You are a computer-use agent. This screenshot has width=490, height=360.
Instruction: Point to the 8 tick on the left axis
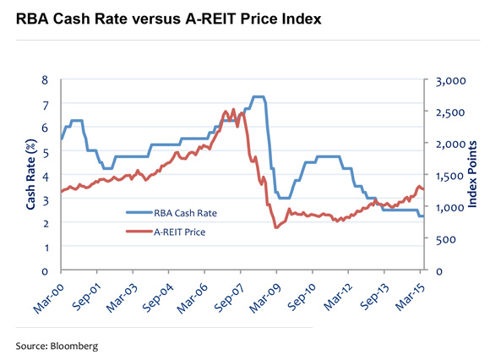click(x=46, y=80)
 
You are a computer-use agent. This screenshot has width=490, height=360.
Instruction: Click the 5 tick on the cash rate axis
click(x=46, y=152)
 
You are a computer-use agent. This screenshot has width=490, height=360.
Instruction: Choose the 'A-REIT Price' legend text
click(x=179, y=230)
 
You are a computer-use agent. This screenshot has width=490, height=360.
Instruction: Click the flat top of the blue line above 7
click(x=259, y=97)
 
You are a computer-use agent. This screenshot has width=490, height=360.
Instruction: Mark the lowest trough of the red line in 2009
click(x=275, y=228)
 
